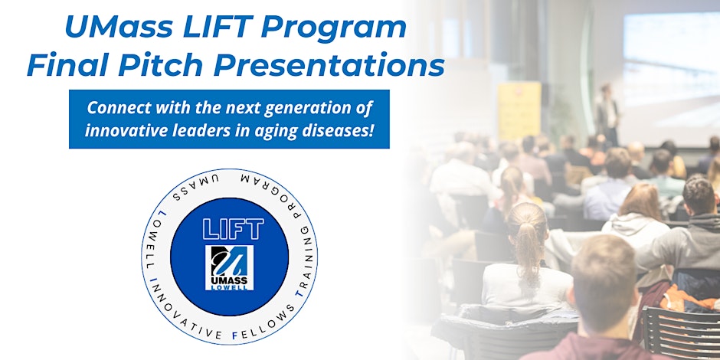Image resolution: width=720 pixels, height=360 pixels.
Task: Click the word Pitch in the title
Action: tap(160, 66)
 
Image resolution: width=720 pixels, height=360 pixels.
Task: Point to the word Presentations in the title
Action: tap(329, 66)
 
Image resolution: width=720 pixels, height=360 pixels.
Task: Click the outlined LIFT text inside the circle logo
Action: tap(234, 228)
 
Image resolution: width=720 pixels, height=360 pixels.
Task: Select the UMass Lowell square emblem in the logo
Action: tap(230, 268)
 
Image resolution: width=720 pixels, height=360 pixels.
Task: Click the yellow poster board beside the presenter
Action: tap(519, 111)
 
